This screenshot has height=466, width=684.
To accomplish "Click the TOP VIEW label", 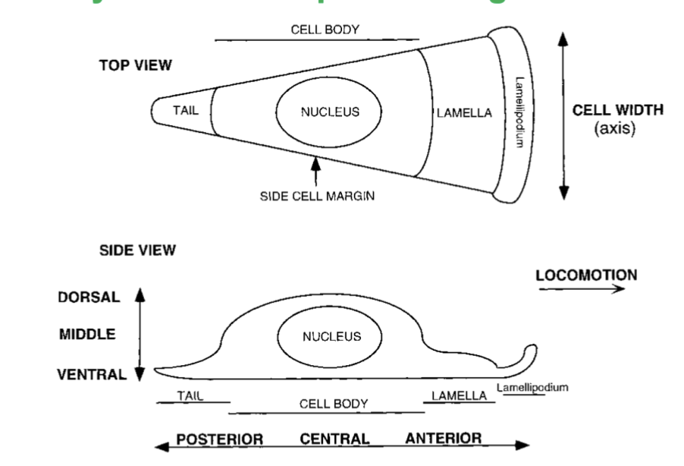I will [x=135, y=65].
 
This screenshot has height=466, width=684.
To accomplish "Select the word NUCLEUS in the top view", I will [x=330, y=112].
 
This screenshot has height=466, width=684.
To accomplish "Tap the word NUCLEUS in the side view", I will [x=331, y=336].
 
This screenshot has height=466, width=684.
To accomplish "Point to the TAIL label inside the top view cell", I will [x=186, y=111].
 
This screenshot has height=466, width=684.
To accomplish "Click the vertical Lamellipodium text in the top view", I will [x=519, y=112].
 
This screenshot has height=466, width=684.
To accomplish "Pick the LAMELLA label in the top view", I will [x=464, y=114].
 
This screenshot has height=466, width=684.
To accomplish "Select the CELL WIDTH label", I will [x=617, y=110].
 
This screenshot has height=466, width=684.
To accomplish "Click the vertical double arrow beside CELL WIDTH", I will [x=563, y=115].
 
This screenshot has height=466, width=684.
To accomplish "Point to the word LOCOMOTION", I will [x=586, y=275].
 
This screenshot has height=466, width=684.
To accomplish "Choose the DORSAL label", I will [x=89, y=298].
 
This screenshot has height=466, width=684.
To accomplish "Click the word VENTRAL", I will [x=93, y=374].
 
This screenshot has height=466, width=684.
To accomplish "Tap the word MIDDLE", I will [x=87, y=335].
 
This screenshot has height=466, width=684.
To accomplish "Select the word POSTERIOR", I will [x=219, y=439].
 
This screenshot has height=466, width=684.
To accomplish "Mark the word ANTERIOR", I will [x=443, y=439].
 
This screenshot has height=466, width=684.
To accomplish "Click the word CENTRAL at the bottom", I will [x=334, y=439].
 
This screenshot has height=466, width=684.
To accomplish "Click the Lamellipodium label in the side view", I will [x=532, y=388].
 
